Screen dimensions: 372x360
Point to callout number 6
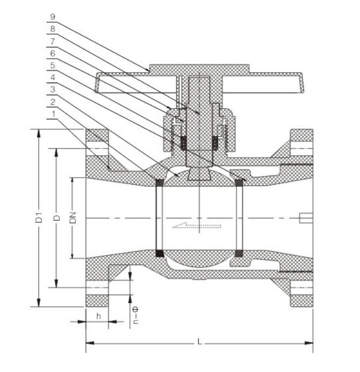tap(52, 54)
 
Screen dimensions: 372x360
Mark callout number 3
tap(52, 89)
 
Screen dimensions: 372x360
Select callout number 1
tap(52, 114)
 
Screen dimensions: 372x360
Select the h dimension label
tap(99, 316)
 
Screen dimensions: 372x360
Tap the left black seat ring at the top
tap(160, 182)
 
